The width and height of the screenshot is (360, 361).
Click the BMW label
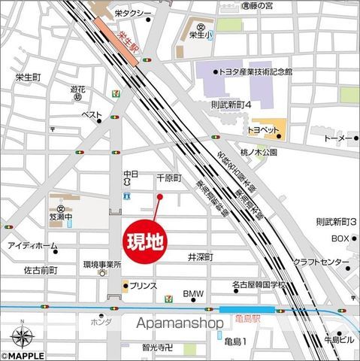194,293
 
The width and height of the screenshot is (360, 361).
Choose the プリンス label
143,286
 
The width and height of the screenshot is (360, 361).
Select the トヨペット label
264,129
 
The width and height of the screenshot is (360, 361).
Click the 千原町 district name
170,178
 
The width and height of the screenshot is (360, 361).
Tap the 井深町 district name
201,256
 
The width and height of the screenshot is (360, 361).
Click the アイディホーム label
32,246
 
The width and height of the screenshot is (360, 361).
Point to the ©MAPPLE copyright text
23,356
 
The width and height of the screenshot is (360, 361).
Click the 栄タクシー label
133,14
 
